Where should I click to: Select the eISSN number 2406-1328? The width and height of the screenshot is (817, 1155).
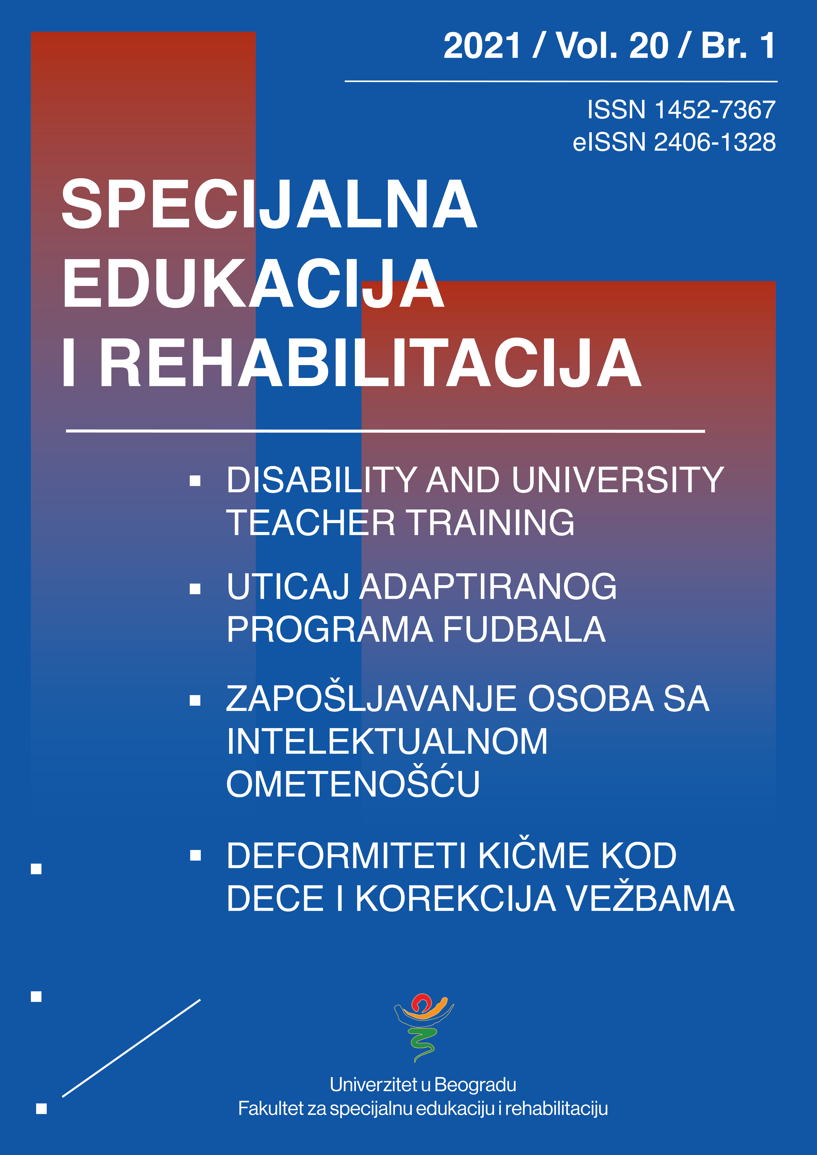click(x=714, y=142)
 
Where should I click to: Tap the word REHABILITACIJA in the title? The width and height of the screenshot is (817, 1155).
click(x=370, y=363)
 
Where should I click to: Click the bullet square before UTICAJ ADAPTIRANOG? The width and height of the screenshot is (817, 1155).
click(x=195, y=589)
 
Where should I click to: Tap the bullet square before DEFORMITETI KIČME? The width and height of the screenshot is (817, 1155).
click(x=195, y=855)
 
